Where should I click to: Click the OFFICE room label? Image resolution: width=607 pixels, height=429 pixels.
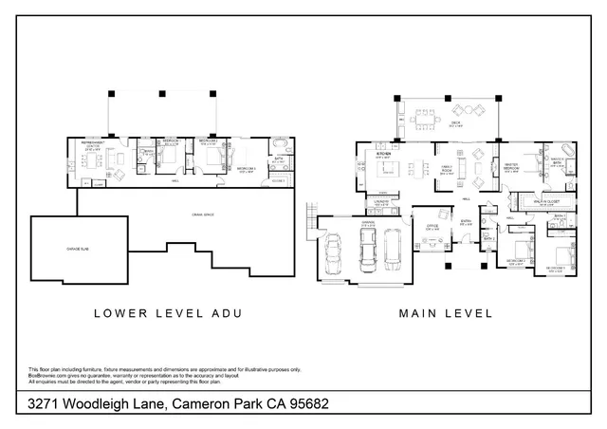click(x=432, y=227)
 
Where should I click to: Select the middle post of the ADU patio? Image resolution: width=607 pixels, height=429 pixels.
click(x=162, y=94)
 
